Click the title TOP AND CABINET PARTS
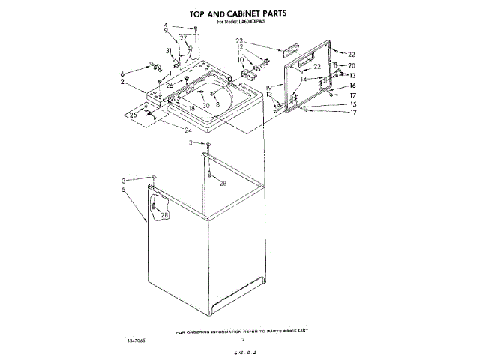238,13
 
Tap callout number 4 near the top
166,26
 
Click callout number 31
169,51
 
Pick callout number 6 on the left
121,73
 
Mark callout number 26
170,85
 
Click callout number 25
133,115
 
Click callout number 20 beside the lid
352,65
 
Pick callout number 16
352,85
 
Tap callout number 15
352,103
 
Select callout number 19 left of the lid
269,87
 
